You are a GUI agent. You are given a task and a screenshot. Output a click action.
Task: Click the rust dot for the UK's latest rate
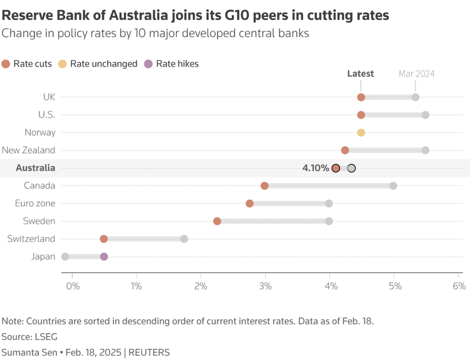point(361,97)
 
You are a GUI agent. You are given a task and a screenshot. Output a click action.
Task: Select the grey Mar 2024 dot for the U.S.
point(426,115)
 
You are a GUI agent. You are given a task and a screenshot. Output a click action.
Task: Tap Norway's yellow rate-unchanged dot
point(361,132)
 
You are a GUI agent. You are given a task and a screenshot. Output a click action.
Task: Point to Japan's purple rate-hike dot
point(104,257)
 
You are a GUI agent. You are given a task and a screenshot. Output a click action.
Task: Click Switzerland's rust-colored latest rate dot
point(104,239)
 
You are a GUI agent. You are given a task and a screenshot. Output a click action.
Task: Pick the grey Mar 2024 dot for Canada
point(393,186)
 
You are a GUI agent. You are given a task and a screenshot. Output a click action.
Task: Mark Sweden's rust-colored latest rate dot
point(217,221)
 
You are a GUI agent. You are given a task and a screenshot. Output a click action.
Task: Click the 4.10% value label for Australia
point(316,168)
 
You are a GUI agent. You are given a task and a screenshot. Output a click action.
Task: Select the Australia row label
point(35,168)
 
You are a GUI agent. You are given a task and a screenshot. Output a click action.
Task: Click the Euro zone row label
point(35,203)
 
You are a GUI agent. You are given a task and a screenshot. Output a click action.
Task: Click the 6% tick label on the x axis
point(459,286)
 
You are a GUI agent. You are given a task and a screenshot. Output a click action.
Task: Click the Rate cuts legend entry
point(29,63)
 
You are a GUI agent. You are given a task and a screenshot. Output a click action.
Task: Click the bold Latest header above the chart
point(360,74)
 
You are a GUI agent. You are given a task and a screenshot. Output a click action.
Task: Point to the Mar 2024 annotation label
point(417,74)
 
